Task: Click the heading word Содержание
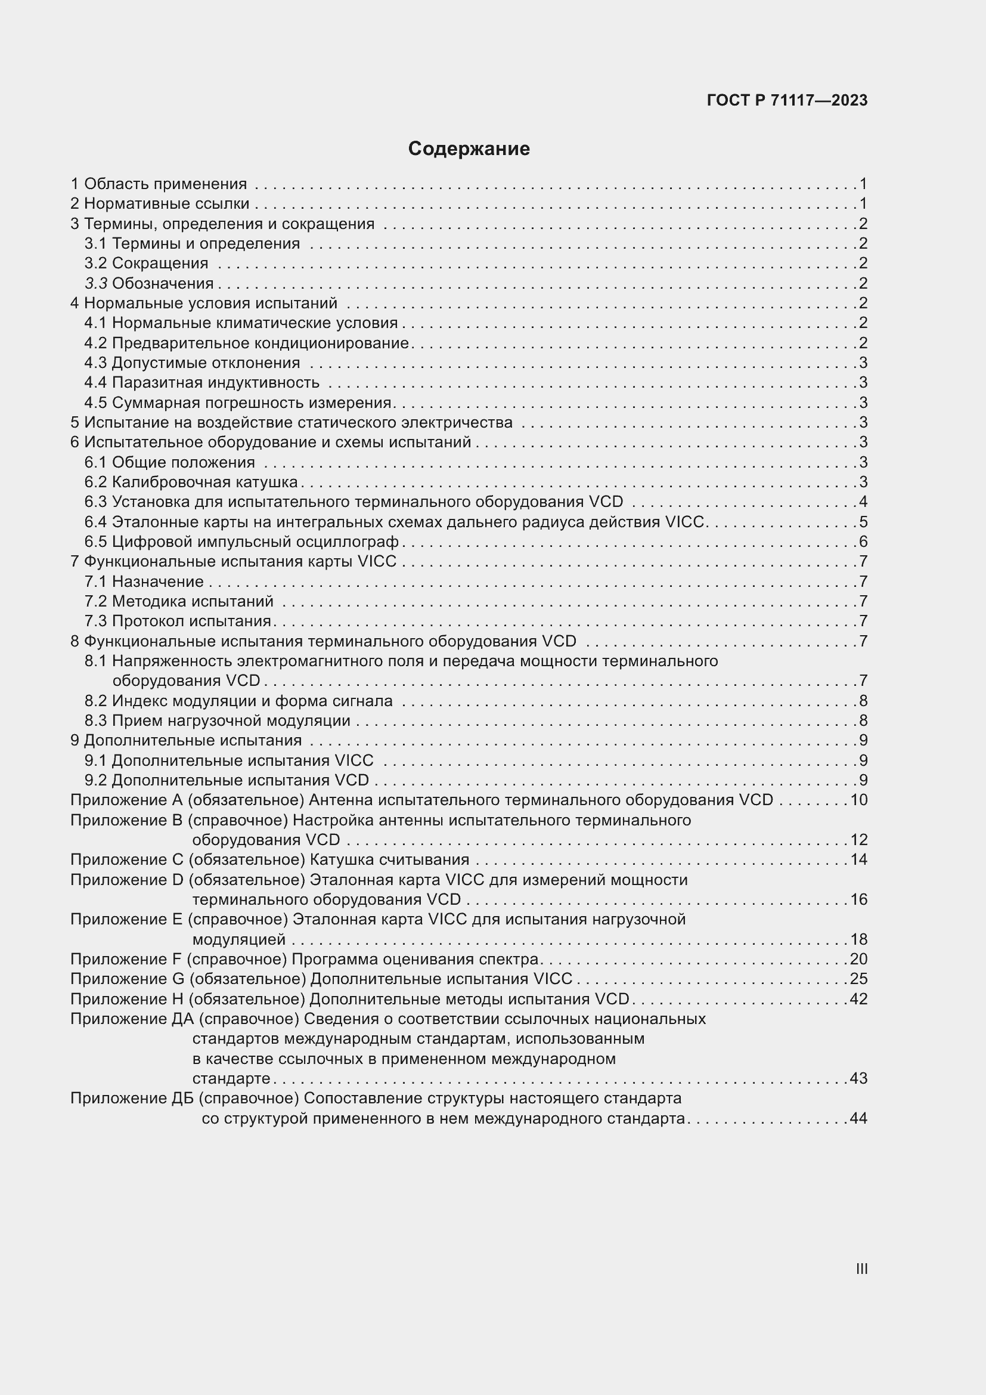coord(469,149)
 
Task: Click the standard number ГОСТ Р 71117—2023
coord(787,101)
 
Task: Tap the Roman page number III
coord(861,1269)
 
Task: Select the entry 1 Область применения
coord(159,184)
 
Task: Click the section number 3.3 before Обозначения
coord(96,284)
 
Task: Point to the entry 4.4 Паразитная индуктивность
coord(201,383)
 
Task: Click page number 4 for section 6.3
coord(863,502)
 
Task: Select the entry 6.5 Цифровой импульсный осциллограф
coord(241,542)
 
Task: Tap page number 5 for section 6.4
coord(863,522)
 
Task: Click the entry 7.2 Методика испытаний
coord(178,602)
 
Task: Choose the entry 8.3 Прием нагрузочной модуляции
coord(217,720)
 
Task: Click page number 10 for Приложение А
coord(858,800)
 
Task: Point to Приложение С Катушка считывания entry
coord(269,860)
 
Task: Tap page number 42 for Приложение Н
coord(858,1000)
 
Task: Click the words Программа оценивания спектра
coord(416,960)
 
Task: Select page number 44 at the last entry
coord(858,1118)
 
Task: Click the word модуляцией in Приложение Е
coord(238,940)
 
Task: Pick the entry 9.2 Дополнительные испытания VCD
coord(227,780)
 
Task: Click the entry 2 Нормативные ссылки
coord(160,203)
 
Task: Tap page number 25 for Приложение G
coord(858,979)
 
